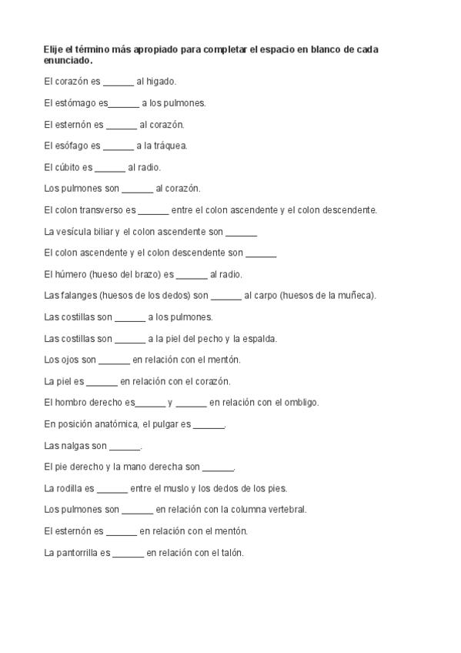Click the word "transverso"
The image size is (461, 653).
101,209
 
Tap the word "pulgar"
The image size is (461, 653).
165,424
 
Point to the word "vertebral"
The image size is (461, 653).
287,509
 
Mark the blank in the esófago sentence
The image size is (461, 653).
118,146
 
